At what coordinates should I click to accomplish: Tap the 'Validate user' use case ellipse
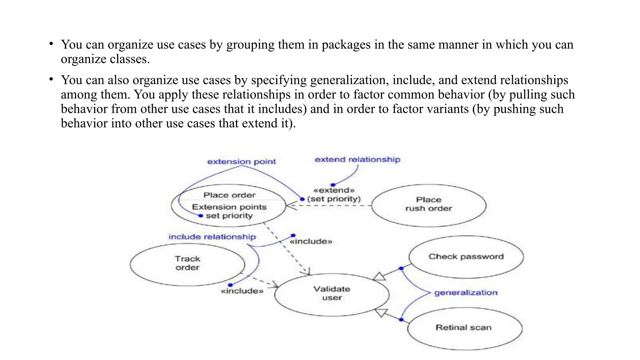[332, 294]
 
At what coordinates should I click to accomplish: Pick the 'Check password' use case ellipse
[466, 257]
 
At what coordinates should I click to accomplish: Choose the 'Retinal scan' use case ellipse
[464, 328]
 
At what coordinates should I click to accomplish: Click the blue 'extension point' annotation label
[242, 162]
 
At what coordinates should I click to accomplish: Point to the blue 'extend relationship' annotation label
[357, 160]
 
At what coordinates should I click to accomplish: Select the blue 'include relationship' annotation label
[212, 237]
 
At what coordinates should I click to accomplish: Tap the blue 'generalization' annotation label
[466, 293]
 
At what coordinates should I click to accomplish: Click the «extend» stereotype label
[334, 190]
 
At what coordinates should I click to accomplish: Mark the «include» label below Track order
[242, 291]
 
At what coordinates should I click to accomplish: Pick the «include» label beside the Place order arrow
[311, 242]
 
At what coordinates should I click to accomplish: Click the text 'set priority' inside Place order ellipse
[229, 216]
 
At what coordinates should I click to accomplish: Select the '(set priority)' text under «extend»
[334, 199]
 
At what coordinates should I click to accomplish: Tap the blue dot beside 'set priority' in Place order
[201, 216]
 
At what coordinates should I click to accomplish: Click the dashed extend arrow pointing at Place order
[331, 206]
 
